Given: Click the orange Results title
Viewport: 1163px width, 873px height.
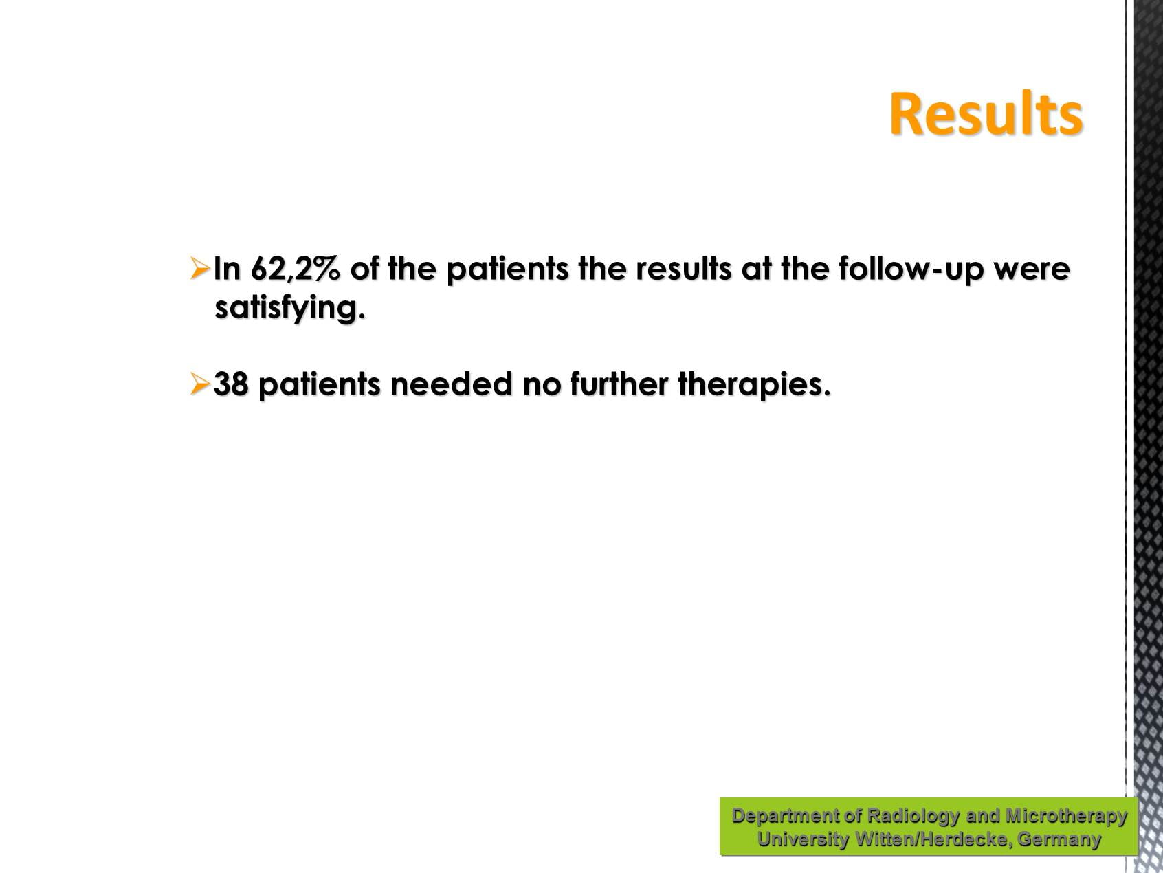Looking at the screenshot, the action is [x=986, y=114].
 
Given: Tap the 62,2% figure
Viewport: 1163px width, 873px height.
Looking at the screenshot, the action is [x=296, y=269].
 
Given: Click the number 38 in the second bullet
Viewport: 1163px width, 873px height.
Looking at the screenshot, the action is [x=231, y=384].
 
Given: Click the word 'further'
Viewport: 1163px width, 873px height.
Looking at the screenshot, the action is [x=619, y=384].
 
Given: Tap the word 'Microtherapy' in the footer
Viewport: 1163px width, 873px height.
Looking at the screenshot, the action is [x=1066, y=815].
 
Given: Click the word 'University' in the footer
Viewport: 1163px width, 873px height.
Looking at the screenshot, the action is [x=803, y=839].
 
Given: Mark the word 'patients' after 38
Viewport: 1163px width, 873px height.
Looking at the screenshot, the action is [x=319, y=384].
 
